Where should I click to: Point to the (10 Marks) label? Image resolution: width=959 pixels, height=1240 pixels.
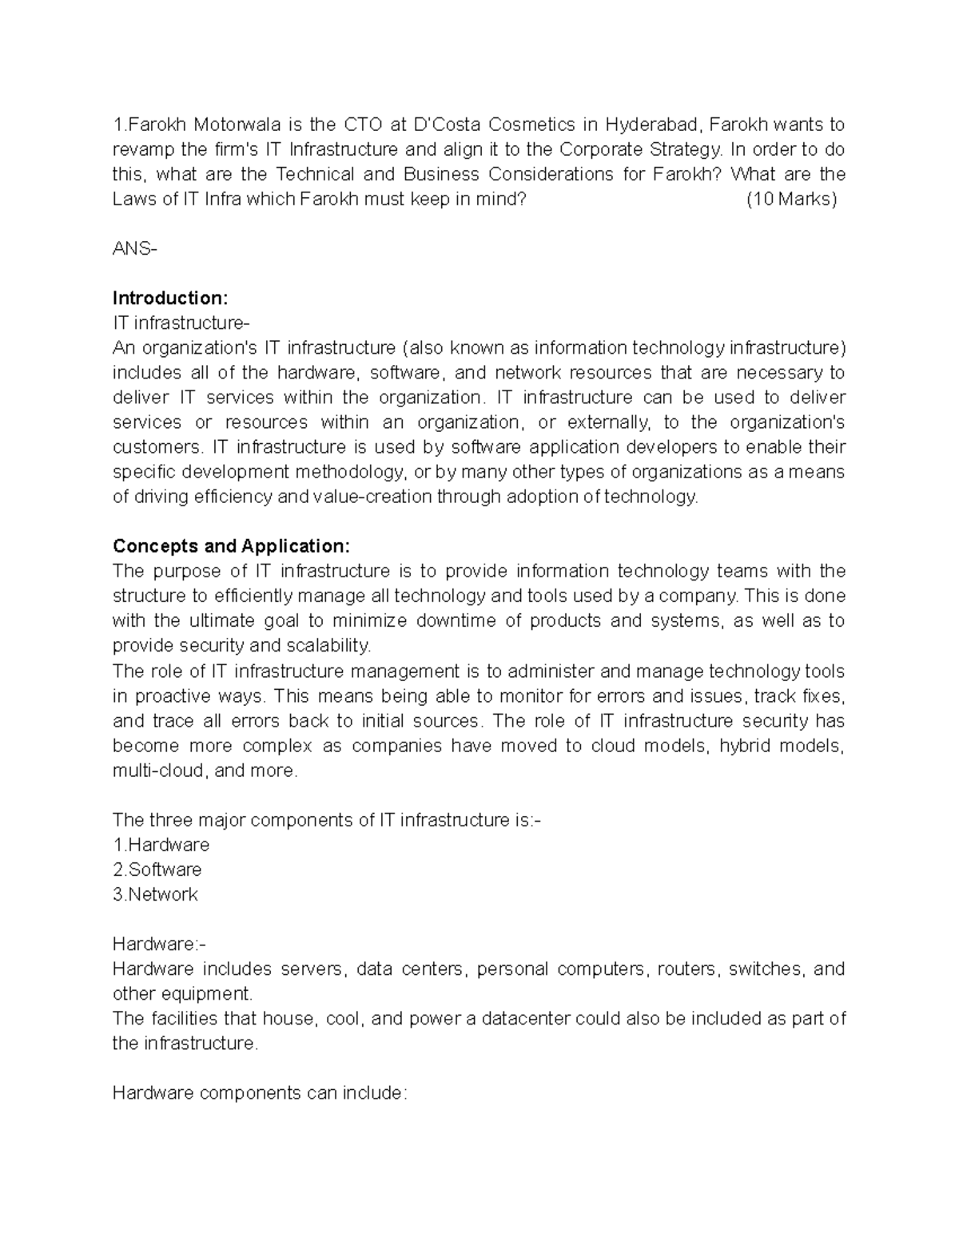791,199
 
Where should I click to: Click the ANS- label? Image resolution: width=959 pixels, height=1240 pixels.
135,248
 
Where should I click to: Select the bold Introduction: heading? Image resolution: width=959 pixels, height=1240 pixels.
170,298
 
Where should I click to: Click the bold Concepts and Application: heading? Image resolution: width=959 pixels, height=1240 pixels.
231,546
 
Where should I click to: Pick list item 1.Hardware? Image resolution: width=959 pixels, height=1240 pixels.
161,845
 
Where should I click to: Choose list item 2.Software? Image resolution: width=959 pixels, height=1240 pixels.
157,870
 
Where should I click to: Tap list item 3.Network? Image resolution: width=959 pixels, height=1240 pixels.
155,894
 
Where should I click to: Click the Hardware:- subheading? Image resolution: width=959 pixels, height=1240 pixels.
159,944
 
